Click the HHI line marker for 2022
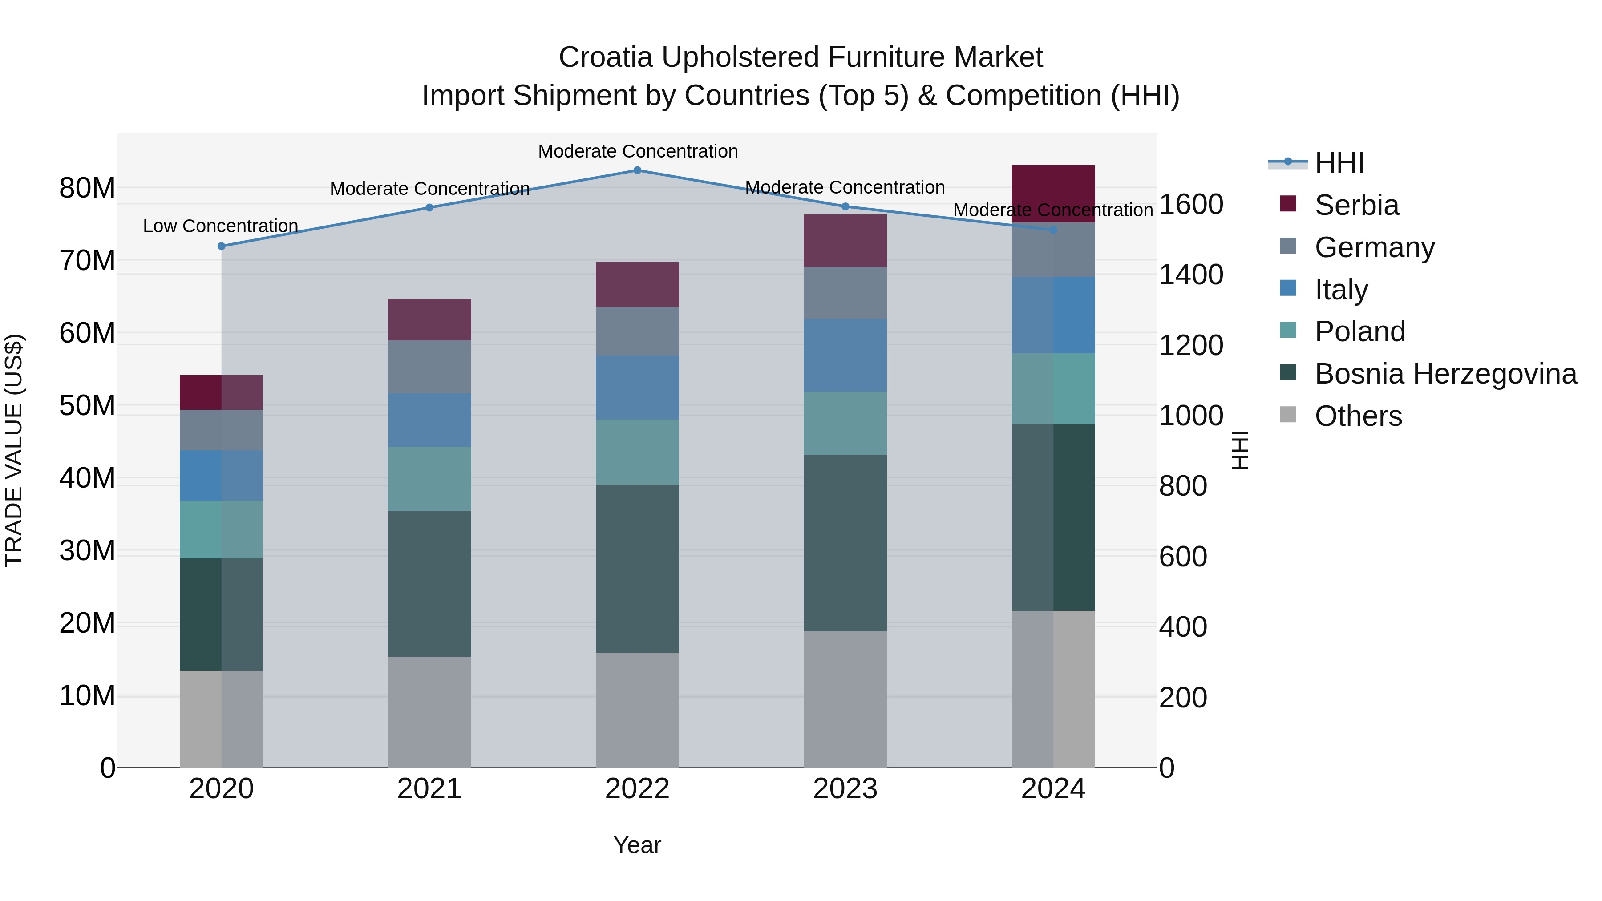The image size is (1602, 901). coord(637,170)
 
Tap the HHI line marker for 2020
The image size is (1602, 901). coord(222,246)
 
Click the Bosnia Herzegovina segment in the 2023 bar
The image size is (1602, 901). coord(845,543)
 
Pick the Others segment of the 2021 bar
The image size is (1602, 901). coord(429,712)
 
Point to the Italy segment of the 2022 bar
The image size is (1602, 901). coord(637,388)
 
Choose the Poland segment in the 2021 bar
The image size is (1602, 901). coord(429,478)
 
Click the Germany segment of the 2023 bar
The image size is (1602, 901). coord(845,293)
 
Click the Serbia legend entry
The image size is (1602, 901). coord(1356,205)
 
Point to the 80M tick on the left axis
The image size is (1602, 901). coord(87,188)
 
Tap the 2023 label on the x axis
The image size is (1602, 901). coord(845,789)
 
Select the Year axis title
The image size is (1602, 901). coord(637,845)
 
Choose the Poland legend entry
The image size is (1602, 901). coord(1359,331)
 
